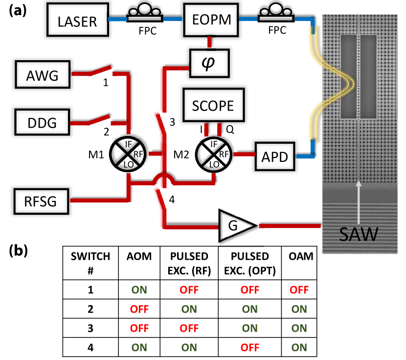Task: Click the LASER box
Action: tap(78, 21)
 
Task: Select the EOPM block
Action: tap(210, 20)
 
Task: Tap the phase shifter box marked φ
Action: tap(209, 63)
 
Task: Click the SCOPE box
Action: tap(213, 105)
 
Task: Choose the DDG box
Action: tap(42, 122)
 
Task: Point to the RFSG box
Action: tap(41, 200)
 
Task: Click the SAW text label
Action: tap(359, 234)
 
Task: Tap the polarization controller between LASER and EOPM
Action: tap(145, 14)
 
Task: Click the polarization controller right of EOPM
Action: tap(276, 14)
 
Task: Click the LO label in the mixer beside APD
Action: tap(214, 165)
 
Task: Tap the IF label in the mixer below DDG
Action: tap(128, 144)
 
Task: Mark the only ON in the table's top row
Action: tap(139, 290)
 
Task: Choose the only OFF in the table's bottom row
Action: tap(249, 347)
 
